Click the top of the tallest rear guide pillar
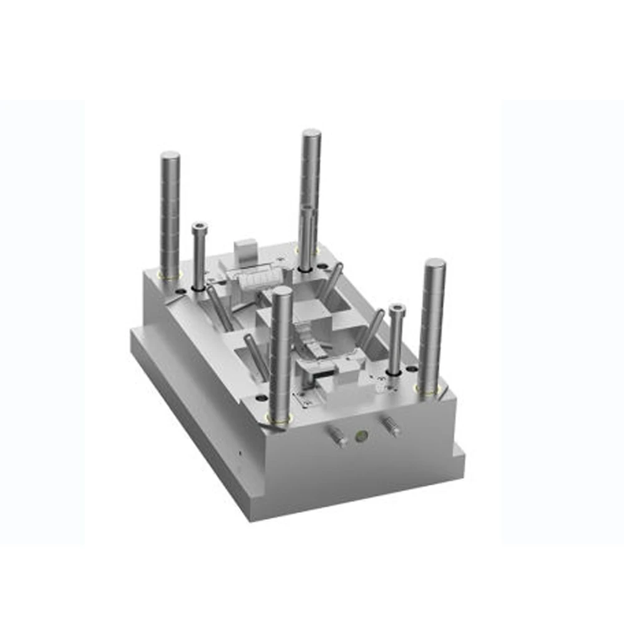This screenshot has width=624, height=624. [311, 134]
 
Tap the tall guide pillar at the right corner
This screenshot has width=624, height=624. [432, 324]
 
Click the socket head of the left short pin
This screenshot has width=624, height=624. [200, 228]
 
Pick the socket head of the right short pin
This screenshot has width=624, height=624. [396, 309]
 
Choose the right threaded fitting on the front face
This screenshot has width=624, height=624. [391, 426]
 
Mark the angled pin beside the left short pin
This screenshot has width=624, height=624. [220, 308]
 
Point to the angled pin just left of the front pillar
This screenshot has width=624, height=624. [256, 356]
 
